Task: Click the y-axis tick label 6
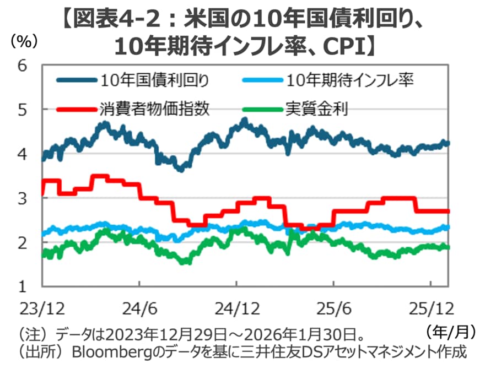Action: tap(23, 65)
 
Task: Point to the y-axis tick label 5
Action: tap(23, 110)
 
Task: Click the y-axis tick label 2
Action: tap(23, 242)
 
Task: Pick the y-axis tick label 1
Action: tap(23, 286)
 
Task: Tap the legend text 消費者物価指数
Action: tap(155, 109)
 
